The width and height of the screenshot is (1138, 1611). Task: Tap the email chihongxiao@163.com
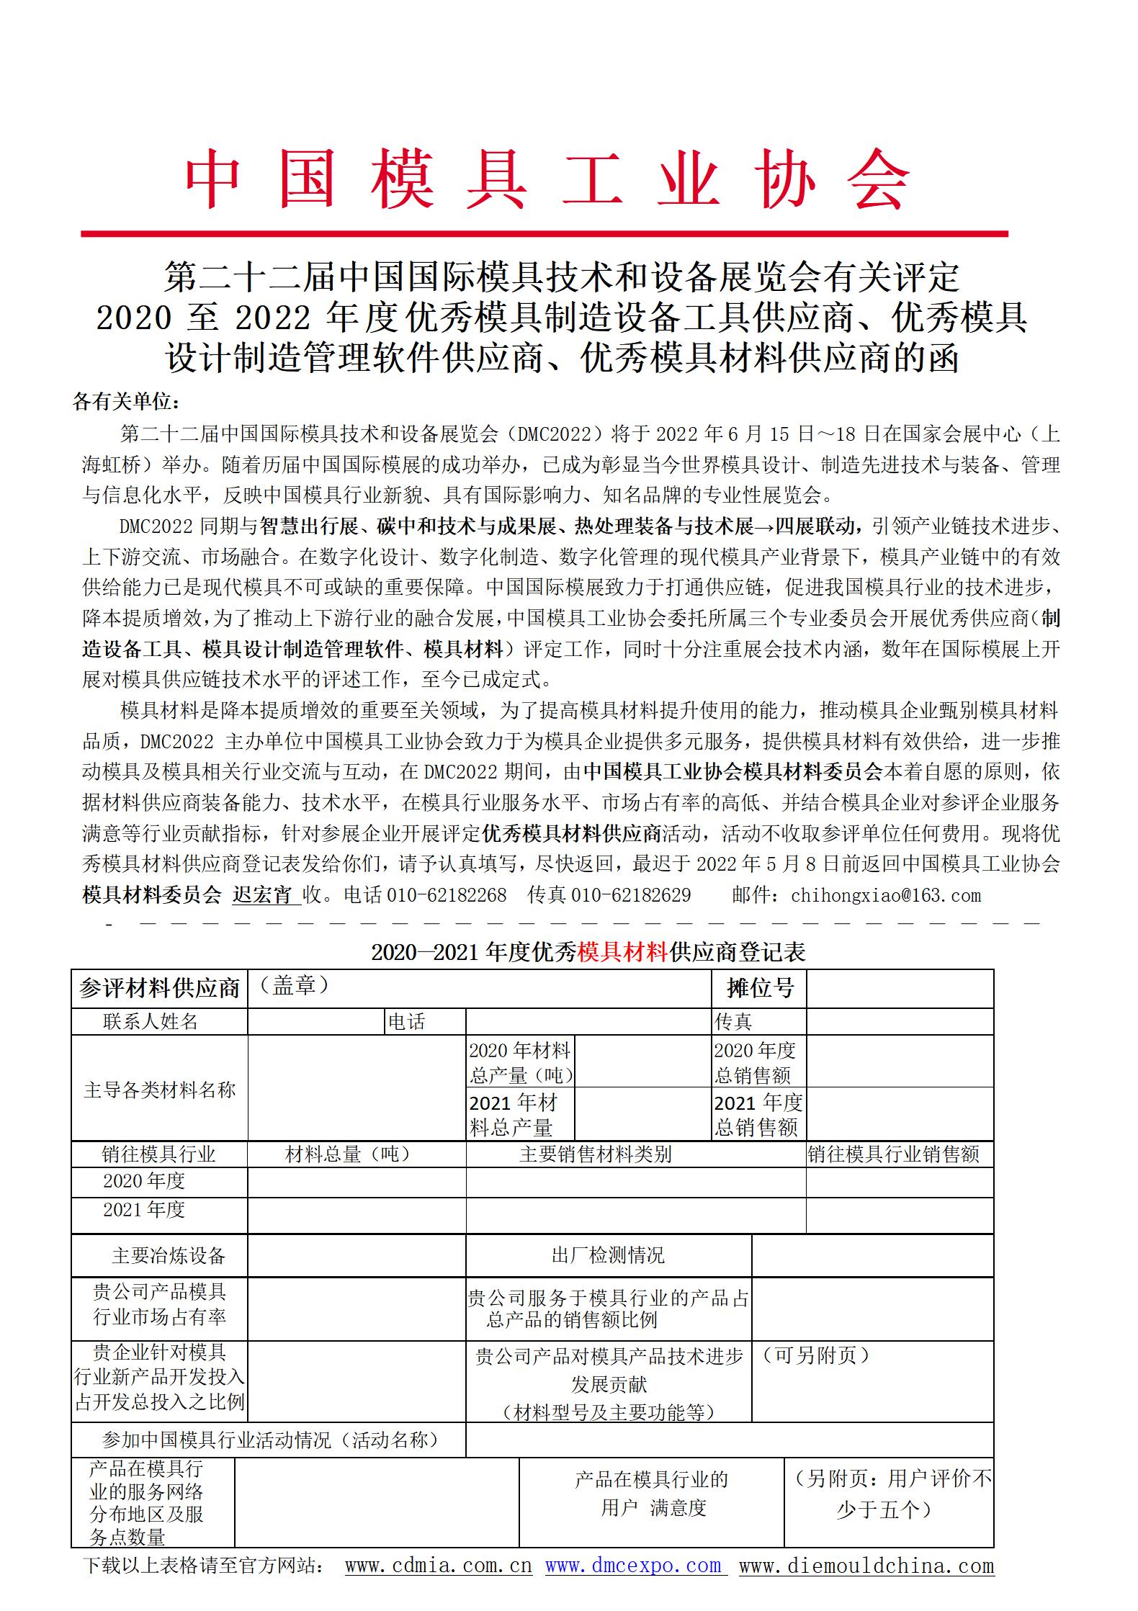(x=885, y=895)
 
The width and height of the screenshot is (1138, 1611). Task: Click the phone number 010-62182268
(x=447, y=895)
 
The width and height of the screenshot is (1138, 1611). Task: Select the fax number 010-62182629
(x=630, y=895)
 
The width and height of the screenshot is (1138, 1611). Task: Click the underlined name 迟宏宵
(x=263, y=895)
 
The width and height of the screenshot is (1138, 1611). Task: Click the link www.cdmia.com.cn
(x=438, y=1565)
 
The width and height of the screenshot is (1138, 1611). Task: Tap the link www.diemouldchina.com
(x=866, y=1565)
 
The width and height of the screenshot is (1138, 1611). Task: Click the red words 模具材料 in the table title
(x=622, y=952)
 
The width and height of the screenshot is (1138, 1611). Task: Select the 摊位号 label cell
(x=759, y=988)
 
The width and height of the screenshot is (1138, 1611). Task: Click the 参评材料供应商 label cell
(x=159, y=988)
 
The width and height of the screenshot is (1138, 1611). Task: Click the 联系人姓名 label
(x=151, y=1021)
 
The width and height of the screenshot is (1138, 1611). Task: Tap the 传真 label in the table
(x=733, y=1021)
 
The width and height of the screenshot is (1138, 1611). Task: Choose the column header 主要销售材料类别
(x=595, y=1154)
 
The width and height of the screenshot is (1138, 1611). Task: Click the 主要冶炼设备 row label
(x=169, y=1256)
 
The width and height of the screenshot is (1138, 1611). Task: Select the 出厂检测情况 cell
(x=608, y=1256)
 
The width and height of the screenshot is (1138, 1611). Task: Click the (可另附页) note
(x=815, y=1355)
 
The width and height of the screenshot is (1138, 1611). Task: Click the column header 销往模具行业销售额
(x=893, y=1154)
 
